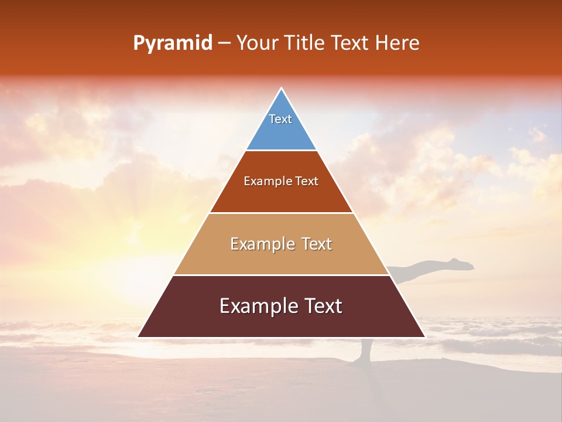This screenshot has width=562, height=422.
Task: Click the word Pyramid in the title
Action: coord(173,43)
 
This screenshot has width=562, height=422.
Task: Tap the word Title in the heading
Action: coord(303,43)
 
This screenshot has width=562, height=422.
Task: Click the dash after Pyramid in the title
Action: coord(224,44)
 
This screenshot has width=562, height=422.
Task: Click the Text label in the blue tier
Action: coord(280,119)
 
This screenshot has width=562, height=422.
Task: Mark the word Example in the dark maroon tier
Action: coord(256,306)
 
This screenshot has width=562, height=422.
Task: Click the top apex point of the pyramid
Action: coord(281,89)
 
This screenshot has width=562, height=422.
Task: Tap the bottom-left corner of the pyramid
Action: coord(139,337)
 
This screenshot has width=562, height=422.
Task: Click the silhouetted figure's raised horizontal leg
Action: coord(433,268)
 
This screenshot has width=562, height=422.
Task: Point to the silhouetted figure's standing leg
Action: coord(366,349)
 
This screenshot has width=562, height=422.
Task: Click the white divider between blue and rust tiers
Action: coord(281,151)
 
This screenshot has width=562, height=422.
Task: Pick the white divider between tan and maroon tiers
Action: coord(281,275)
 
